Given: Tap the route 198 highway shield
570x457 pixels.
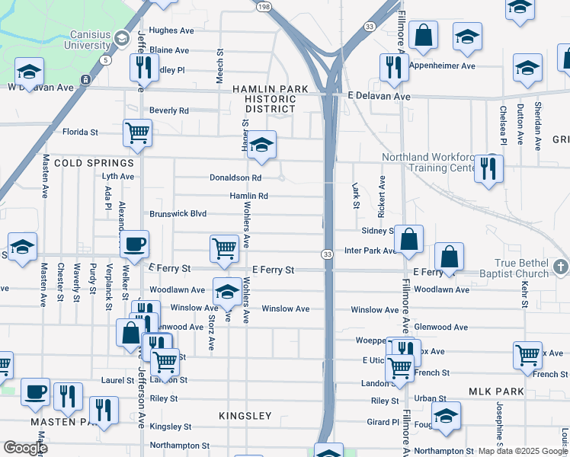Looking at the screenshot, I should pyautogui.click(x=264, y=7).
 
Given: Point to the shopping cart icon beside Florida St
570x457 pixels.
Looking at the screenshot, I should pyautogui.click(x=137, y=132).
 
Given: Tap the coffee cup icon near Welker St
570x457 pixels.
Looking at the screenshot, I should pyautogui.click(x=135, y=244).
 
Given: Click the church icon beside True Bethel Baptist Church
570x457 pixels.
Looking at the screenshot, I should pyautogui.click(x=561, y=266).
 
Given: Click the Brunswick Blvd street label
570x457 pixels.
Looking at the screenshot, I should pyautogui.click(x=178, y=214).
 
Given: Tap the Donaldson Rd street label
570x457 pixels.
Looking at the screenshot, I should pyautogui.click(x=235, y=177).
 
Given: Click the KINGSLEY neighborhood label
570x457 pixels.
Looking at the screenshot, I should pyautogui.click(x=245, y=416).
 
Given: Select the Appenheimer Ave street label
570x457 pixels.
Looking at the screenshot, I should pyautogui.click(x=442, y=66).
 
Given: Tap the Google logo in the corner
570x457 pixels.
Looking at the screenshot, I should pyautogui.click(x=25, y=448).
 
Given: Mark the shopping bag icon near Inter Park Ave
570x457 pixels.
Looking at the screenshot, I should pyautogui.click(x=409, y=238).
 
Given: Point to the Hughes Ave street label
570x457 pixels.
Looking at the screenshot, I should pyautogui.click(x=171, y=30).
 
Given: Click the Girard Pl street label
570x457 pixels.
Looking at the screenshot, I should pyautogui.click(x=385, y=421).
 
